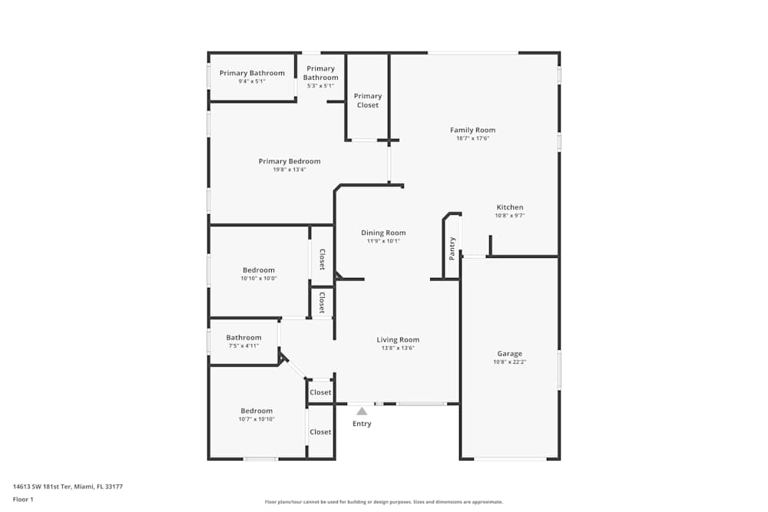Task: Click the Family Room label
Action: click(472, 130)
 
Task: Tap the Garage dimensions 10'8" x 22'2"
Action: click(509, 362)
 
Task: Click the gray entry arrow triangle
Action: click(362, 411)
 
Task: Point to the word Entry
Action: click(362, 424)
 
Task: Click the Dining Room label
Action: click(383, 233)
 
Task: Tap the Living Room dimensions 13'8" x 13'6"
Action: click(397, 348)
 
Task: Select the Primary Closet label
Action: click(368, 101)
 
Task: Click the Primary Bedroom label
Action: click(290, 161)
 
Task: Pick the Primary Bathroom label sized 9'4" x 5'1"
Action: click(252, 73)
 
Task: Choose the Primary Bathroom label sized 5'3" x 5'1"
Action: click(320, 73)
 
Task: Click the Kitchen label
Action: click(510, 207)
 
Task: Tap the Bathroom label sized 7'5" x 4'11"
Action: click(243, 337)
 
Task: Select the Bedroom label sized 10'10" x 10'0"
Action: click(259, 269)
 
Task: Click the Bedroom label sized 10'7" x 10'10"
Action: click(257, 411)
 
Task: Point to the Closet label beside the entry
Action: click(320, 392)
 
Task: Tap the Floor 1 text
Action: click(23, 499)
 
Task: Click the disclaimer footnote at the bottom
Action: click(384, 502)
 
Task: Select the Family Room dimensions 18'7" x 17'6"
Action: click(472, 138)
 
